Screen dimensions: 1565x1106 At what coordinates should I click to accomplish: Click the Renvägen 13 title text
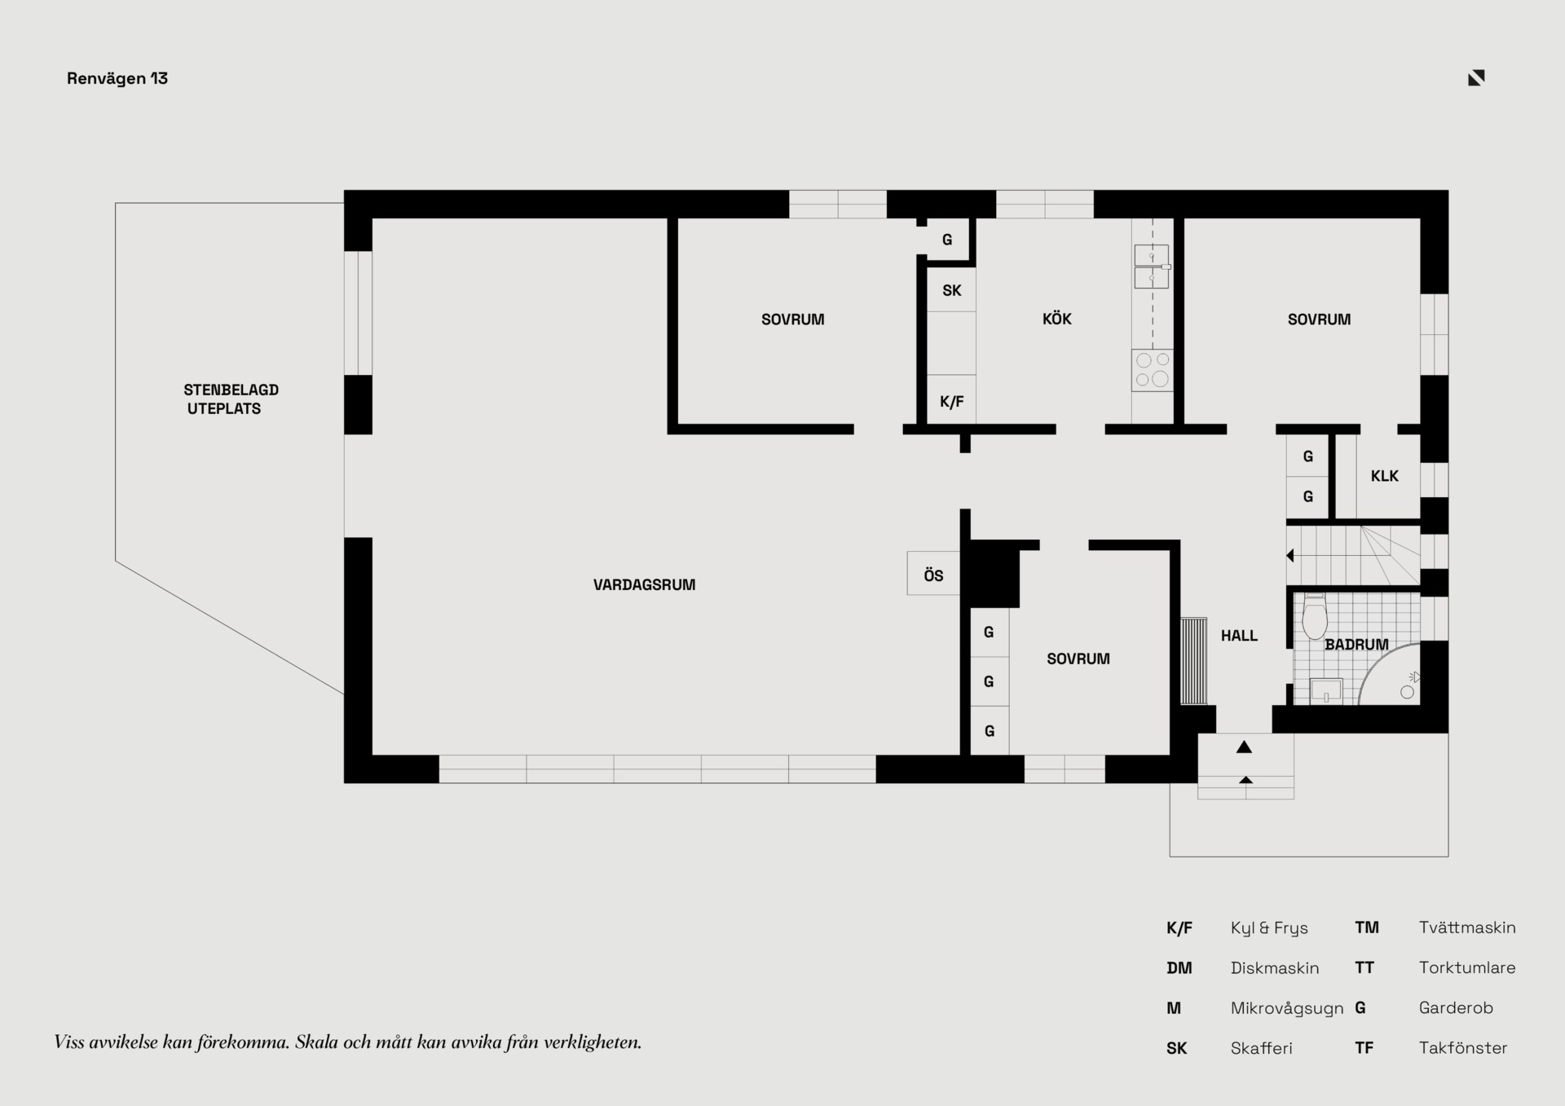[117, 78]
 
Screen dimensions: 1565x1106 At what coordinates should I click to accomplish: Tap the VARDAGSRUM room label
[644, 584]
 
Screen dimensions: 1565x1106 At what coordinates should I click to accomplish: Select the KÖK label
[1056, 318]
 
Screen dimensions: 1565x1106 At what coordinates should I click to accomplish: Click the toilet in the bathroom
[1315, 617]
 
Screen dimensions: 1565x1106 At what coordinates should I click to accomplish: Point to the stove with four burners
[1153, 370]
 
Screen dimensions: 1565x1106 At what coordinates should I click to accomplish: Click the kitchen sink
[1152, 267]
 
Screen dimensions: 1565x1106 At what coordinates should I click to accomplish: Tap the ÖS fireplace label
[933, 575]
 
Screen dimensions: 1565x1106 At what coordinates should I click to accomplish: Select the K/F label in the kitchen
[951, 402]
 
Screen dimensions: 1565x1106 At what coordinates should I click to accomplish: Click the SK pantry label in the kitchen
[951, 290]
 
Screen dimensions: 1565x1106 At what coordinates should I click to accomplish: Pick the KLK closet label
[1384, 476]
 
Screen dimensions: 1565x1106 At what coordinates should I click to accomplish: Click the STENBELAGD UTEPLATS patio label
[231, 399]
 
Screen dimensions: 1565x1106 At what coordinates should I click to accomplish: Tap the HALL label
[1239, 636]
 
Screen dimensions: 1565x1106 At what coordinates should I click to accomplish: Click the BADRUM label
[1356, 645]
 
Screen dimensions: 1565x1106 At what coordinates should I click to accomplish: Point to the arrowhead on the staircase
[1290, 556]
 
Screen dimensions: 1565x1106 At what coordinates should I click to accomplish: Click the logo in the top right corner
[1476, 77]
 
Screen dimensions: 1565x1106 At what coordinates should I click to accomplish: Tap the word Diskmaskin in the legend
[1275, 968]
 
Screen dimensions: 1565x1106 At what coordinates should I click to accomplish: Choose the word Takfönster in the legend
[1463, 1048]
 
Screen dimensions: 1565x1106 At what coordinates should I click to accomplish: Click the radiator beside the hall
[1193, 661]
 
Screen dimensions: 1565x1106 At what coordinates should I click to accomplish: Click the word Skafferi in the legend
[1262, 1048]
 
